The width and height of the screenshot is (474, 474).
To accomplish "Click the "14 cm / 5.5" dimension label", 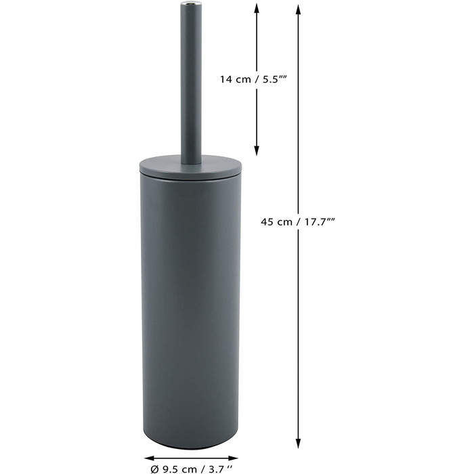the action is [x=253, y=79].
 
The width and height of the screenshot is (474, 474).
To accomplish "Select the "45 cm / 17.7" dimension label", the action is [x=298, y=222].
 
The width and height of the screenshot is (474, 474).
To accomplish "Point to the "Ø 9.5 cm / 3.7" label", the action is [x=192, y=469].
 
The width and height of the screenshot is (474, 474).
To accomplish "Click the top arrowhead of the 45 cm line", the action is [x=298, y=10].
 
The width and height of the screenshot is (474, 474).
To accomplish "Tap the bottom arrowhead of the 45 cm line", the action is [x=298, y=443].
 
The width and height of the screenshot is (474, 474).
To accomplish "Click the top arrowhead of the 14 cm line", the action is [x=257, y=9].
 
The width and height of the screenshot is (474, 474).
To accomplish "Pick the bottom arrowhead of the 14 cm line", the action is [x=257, y=150].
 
